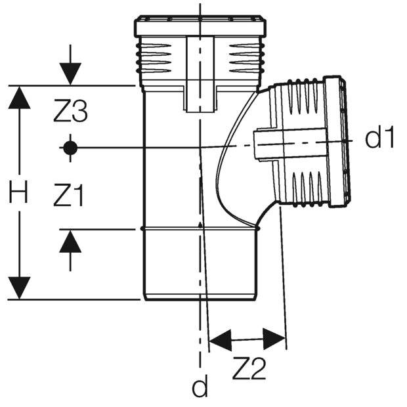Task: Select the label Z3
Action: [70, 113]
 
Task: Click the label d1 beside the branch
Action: [380, 139]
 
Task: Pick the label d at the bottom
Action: [199, 387]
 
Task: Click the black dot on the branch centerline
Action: [70, 147]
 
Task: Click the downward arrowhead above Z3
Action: [70, 72]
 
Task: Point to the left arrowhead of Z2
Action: [221, 340]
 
